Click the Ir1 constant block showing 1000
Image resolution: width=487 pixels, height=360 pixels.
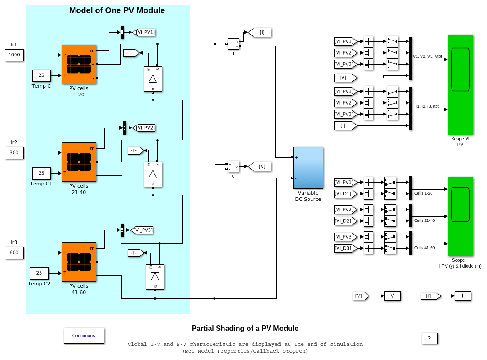pos(14,55)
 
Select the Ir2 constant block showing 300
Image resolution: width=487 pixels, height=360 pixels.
pos(14,153)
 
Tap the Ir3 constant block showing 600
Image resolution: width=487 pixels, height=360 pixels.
pos(14,253)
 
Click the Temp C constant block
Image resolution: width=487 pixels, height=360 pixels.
pos(41,75)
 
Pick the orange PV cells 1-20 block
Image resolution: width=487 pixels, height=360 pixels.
pos(79,64)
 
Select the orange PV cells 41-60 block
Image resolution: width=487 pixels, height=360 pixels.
pos(79,262)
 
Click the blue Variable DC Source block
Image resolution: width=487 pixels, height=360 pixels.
pos(308,168)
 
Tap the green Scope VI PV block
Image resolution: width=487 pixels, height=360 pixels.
pos(460,85)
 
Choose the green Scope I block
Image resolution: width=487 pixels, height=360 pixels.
pos(460,216)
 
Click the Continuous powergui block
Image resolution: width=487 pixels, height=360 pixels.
pos(84,335)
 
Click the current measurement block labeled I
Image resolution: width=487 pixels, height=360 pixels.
pos(233,44)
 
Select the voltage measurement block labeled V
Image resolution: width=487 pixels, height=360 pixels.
pos(233,166)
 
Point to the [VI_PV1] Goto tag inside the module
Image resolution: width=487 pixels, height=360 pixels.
pos(144,32)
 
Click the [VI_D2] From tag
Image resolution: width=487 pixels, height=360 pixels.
pos(345,221)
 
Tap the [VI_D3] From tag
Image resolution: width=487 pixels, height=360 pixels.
pos(345,248)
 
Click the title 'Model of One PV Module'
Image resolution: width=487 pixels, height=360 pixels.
pos(117,10)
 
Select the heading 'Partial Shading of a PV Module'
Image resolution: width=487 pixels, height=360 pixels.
pos(245,328)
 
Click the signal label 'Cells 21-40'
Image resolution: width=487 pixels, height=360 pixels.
pos(424,220)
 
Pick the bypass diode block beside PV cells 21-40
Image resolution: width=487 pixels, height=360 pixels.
pos(153,174)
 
